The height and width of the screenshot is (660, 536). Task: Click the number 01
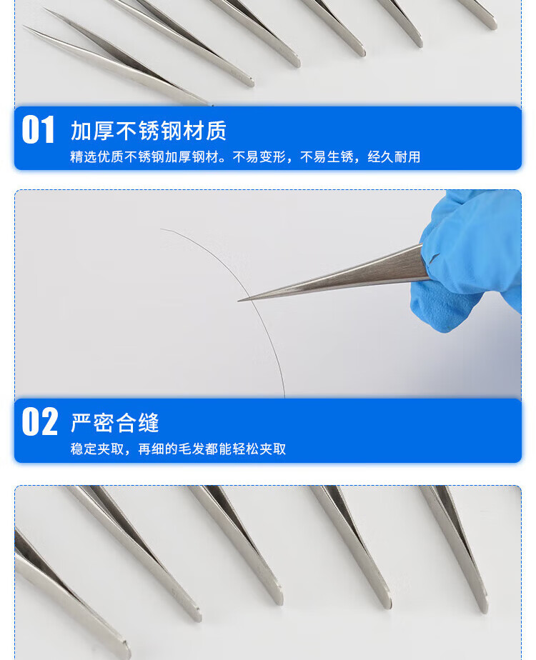[38, 130]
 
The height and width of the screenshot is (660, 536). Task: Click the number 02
[39, 421]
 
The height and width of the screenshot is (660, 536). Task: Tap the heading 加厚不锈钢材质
[149, 131]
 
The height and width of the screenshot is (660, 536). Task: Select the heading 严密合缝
[115, 423]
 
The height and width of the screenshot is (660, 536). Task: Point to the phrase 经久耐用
[394, 157]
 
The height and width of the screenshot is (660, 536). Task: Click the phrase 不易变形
[259, 157]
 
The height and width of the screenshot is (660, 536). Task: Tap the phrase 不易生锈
[327, 157]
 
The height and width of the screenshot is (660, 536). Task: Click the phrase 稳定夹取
[97, 449]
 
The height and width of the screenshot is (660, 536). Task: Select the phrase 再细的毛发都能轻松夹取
[212, 449]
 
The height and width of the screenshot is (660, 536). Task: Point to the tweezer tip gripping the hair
[239, 301]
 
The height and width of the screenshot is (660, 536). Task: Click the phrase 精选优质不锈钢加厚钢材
[144, 157]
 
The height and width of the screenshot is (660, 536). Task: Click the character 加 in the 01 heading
[81, 131]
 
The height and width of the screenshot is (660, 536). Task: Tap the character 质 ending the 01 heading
[217, 131]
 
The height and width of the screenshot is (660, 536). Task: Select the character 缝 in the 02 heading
[149, 423]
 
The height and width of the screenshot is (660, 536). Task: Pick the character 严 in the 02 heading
[81, 423]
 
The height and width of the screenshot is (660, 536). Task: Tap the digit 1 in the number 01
[48, 130]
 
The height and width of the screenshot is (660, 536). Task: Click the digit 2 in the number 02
[49, 421]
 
